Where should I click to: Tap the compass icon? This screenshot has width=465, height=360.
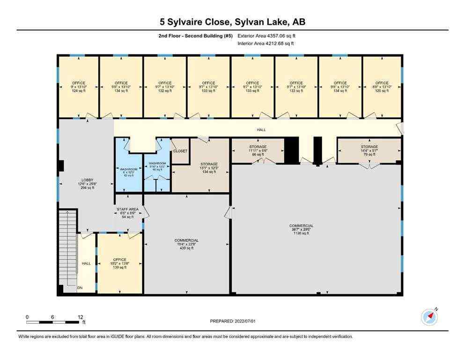pos(429,317)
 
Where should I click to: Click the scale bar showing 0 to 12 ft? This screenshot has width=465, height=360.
pos(54,322)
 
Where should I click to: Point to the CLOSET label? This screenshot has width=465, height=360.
pos(180,151)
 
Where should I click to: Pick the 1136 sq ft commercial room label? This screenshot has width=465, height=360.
pos(301,230)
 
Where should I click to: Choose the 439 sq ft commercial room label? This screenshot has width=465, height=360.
pos(186,244)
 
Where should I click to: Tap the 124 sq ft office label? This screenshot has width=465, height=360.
pos(78,87)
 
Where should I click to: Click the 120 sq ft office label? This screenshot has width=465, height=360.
pos(382,87)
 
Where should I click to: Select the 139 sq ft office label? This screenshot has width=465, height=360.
pos(119,263)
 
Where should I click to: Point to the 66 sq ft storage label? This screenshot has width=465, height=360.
pos(258,150)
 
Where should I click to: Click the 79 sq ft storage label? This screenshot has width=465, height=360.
pos(369,150)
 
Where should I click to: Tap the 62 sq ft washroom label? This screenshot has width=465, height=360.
pos(128,172)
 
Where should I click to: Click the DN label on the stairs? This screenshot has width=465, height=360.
pos(80,287)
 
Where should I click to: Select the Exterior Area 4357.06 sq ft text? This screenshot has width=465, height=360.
pos(266,36)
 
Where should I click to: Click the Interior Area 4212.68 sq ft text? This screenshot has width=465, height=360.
pos(266,44)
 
